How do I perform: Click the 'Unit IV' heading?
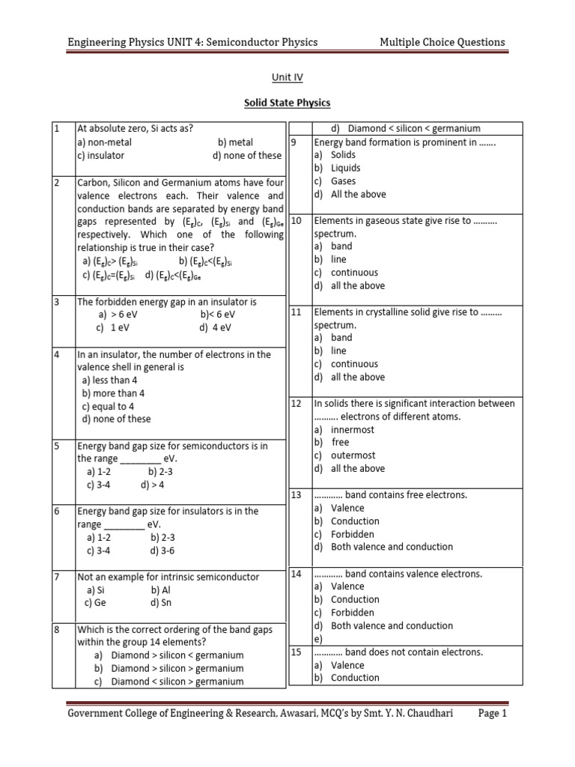287,76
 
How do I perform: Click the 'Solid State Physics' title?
287,103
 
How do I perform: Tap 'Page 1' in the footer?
492,714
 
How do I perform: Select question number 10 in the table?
296,221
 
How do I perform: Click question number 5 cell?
58,446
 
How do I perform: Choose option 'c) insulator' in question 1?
100,156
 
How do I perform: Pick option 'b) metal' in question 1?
236,142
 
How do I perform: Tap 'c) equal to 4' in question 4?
108,406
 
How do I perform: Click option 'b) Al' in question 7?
160,590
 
